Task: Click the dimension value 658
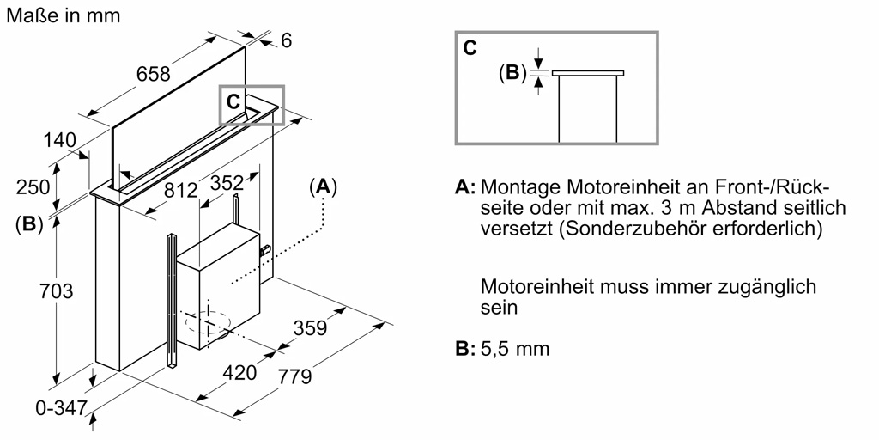coord(154,75)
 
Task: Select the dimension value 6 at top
coord(287,40)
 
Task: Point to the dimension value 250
coord(33,187)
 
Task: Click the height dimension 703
coord(57,291)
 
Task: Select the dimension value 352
coord(227,183)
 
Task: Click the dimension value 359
coord(310,328)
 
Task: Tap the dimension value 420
coord(240,373)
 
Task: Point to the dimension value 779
coord(294,376)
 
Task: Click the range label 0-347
coord(61,409)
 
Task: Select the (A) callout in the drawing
coord(323,187)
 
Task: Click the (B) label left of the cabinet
coord(29,225)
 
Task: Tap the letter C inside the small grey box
coord(233,101)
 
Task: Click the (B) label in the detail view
coord(512,73)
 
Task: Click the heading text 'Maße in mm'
coord(63,15)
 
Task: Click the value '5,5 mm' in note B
coord(516,349)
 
